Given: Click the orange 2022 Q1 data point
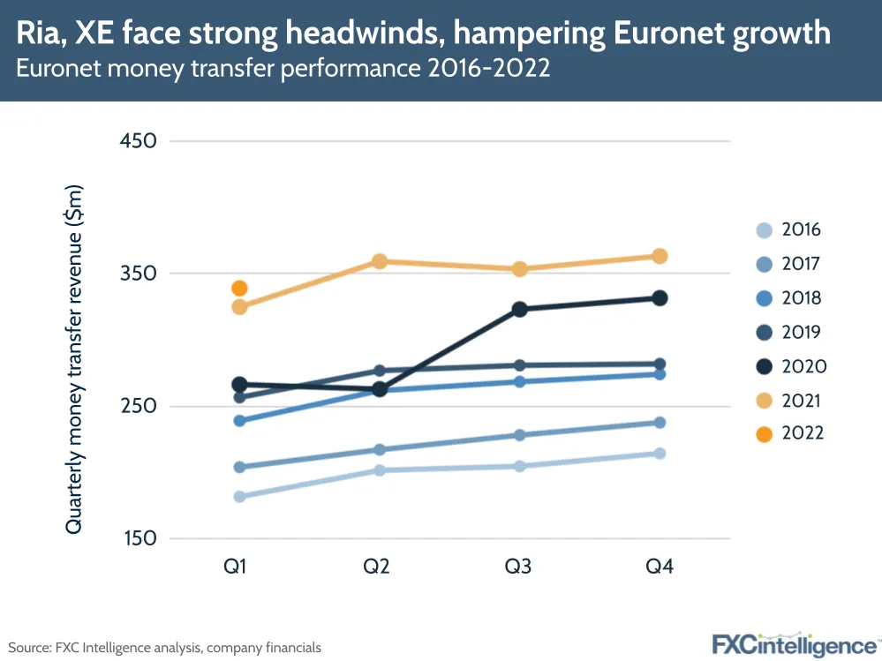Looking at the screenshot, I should point(239,289).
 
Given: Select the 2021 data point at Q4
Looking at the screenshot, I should point(659,256).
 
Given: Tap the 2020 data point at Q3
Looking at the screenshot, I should point(519,309).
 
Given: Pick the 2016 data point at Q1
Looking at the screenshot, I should point(239,497).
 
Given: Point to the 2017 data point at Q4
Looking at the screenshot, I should point(659,423).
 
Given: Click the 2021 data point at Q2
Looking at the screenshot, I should point(380,261).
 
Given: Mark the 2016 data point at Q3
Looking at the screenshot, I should point(519,466).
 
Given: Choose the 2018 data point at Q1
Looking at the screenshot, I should point(239,421).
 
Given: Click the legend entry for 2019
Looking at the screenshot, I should point(789,333).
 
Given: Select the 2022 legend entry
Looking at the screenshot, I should point(789,433).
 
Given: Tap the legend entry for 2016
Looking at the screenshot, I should point(789,230).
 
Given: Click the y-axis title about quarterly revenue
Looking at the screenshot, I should point(74,359).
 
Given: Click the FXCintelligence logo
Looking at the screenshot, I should point(795,643).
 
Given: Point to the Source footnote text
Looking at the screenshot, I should point(165,648).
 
